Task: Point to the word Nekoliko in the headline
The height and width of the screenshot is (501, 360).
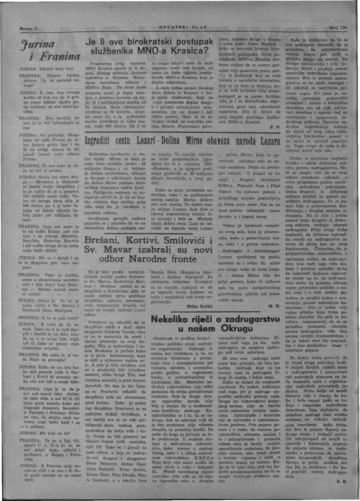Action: (175, 319)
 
